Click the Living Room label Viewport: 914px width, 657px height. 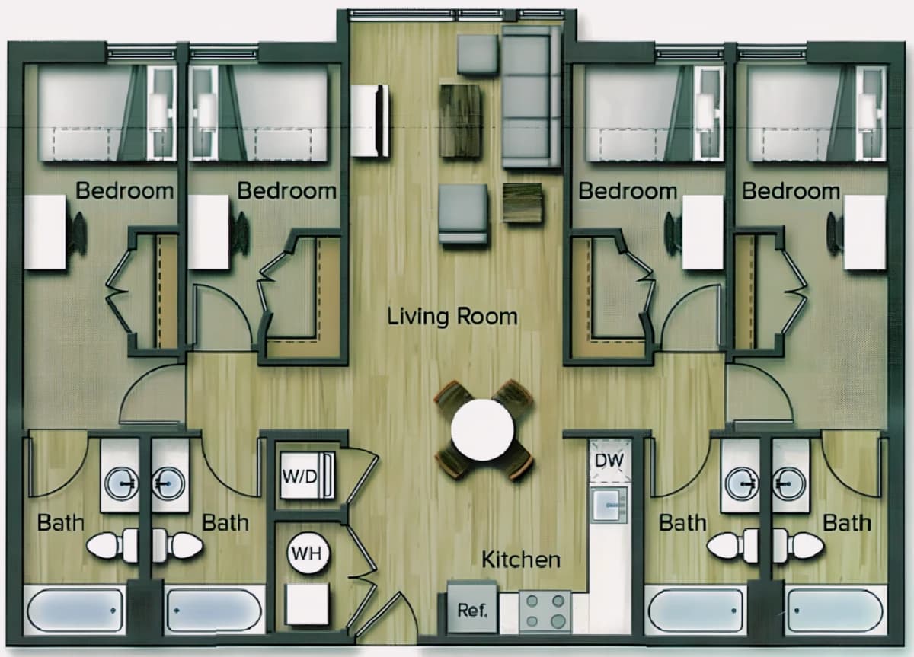452,317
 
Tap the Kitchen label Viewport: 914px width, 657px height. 521,560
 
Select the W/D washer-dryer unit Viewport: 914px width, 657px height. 307,475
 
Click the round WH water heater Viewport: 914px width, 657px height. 307,553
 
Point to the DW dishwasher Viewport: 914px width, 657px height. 609,461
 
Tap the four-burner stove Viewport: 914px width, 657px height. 545,612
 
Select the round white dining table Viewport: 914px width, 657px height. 482,430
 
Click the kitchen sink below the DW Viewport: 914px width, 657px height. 609,506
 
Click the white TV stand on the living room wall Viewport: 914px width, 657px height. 369,121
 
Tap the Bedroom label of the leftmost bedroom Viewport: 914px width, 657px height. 124,191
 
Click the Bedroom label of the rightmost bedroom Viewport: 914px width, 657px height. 791,191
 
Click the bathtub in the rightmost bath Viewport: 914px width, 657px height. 835,610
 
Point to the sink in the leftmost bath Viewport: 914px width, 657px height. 121,483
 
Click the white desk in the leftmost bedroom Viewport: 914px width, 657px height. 45,231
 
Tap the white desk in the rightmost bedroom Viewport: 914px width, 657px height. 864,232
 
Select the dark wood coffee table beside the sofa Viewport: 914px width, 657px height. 460,121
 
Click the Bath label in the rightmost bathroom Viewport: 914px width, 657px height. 847,523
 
